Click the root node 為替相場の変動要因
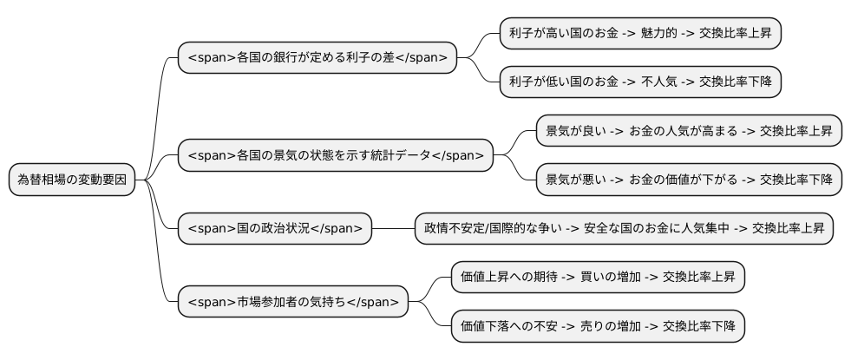coord(72,180)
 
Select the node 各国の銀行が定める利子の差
coord(317,58)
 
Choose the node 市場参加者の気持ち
coord(292,302)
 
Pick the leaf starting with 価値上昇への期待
coord(598,278)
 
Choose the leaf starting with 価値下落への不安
coord(598,326)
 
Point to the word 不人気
coord(658,82)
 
